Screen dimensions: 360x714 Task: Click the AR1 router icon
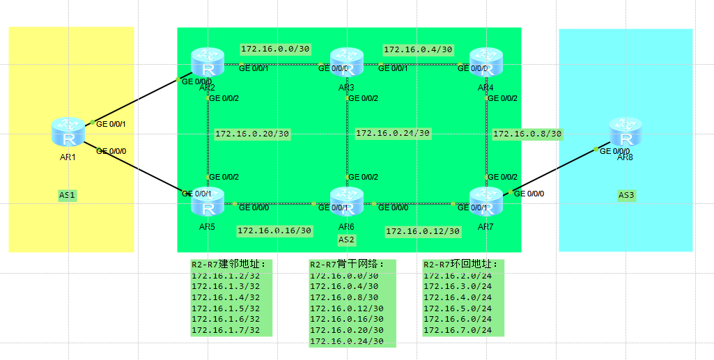[68, 132]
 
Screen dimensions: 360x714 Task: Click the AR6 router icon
[346, 202]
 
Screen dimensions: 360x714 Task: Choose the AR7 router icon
[486, 202]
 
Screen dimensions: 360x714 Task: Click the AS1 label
[68, 195]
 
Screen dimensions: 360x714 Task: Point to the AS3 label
[626, 195]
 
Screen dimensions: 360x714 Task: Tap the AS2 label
[346, 240]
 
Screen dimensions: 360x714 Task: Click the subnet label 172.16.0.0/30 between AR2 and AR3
[275, 49]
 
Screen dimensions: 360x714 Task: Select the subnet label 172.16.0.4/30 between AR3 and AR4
[418, 49]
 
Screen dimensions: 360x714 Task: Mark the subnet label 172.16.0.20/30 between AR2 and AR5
[252, 134]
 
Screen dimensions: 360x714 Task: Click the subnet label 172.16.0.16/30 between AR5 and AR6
[274, 230]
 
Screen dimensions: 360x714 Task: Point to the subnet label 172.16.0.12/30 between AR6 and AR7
[423, 231]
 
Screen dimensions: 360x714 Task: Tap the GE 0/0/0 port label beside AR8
[614, 151]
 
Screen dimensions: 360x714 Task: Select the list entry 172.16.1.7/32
[225, 330]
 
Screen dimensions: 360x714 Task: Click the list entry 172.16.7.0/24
[457, 330]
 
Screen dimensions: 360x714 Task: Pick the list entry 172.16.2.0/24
[457, 276]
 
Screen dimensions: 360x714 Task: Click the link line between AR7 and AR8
[554, 171]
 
